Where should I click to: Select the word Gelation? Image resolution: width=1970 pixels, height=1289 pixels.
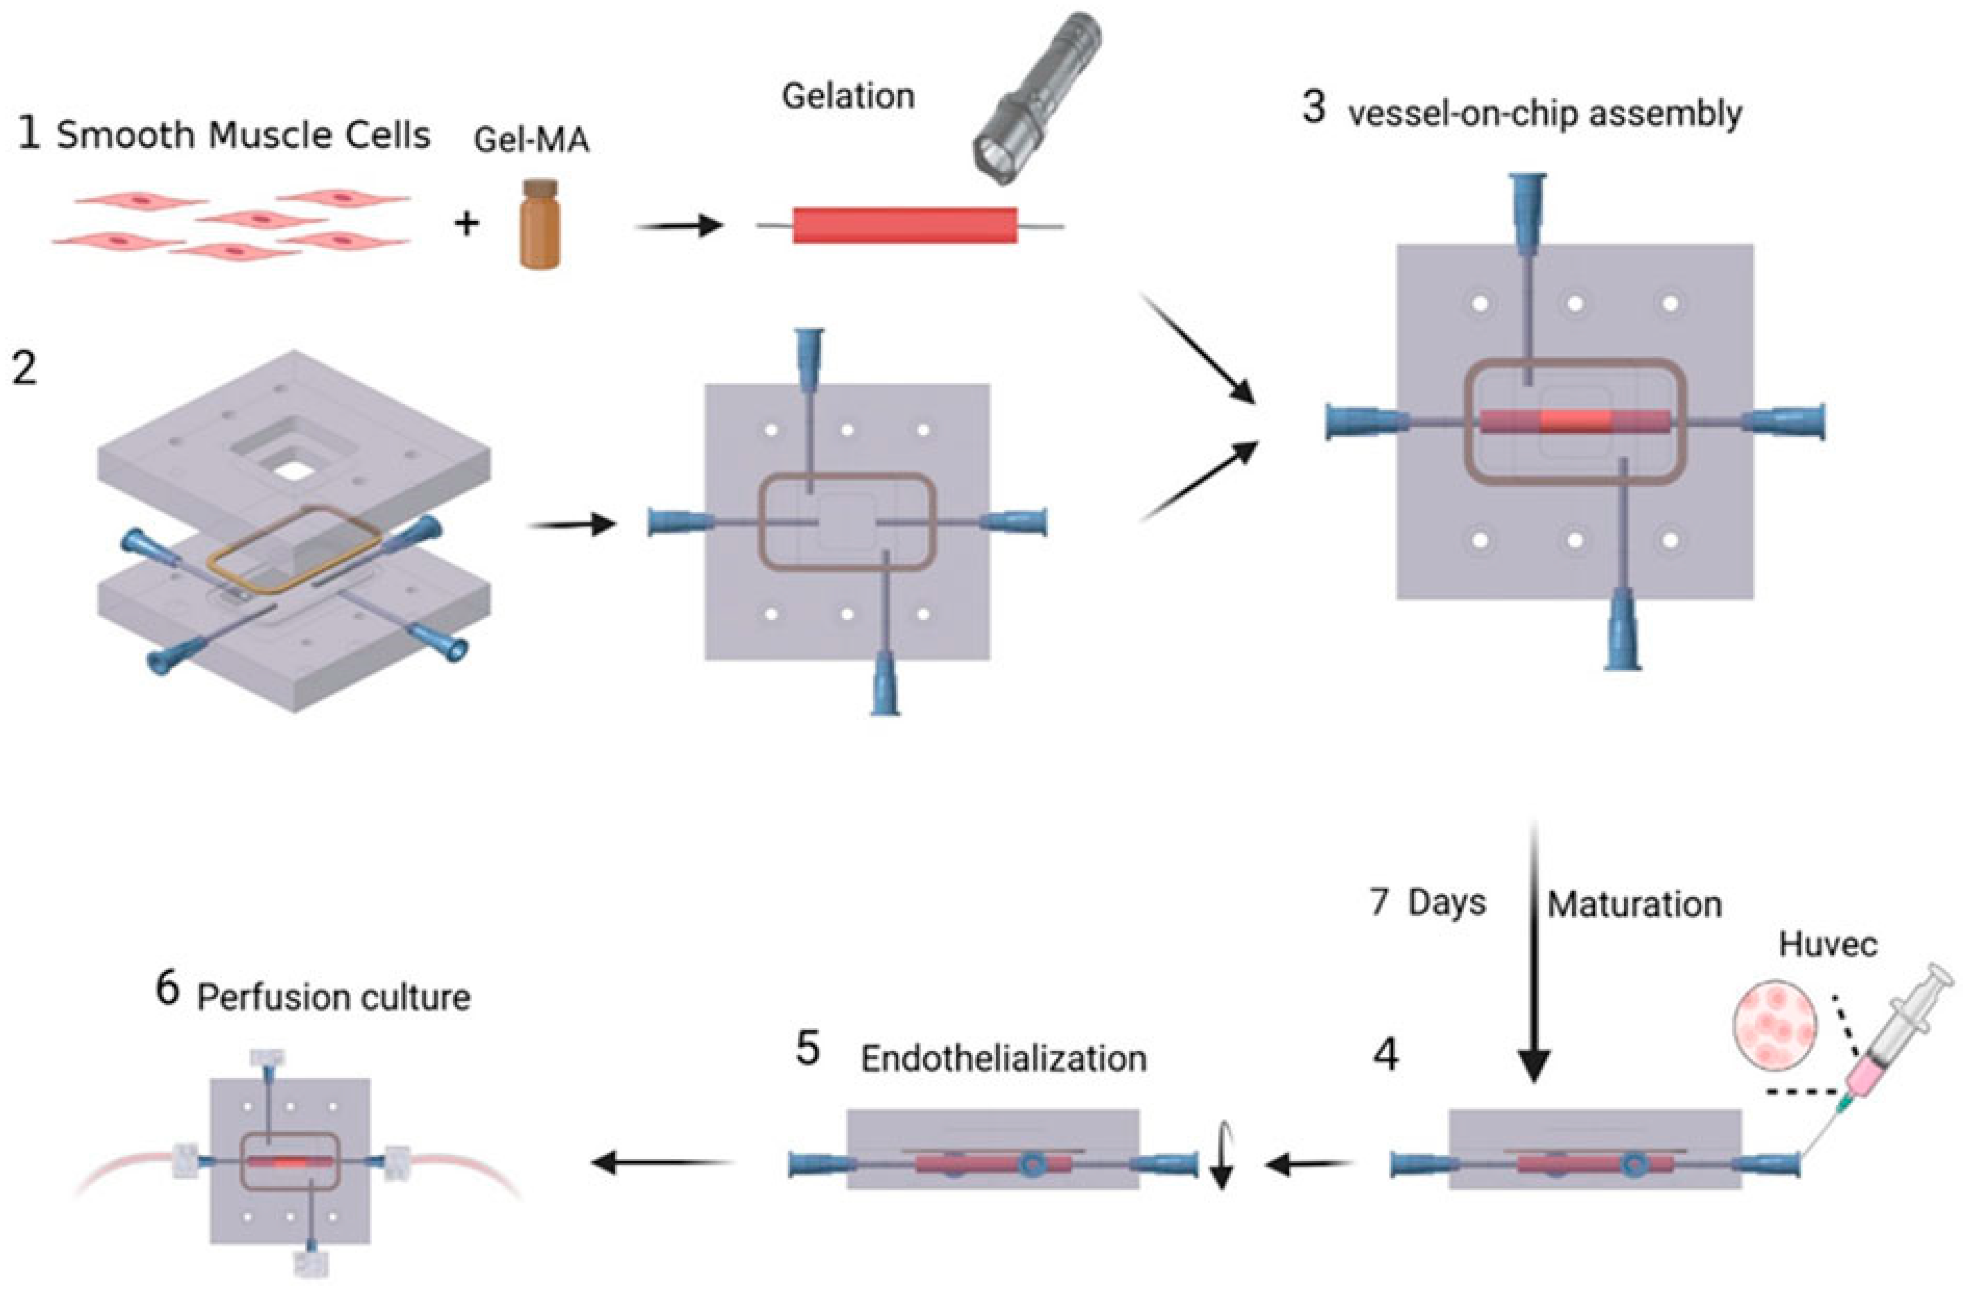848,97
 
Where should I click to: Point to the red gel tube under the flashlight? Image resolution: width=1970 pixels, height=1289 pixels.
905,225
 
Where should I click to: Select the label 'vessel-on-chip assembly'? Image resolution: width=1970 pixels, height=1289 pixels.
1545,114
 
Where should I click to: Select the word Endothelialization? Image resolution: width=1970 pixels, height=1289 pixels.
1003,1059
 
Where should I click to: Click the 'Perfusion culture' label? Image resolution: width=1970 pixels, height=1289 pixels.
333,998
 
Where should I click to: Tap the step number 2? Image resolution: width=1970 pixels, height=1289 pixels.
25,368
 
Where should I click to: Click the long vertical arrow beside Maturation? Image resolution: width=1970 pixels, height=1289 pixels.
1533,952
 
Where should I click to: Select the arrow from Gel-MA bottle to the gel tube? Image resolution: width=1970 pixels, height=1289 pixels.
679,225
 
